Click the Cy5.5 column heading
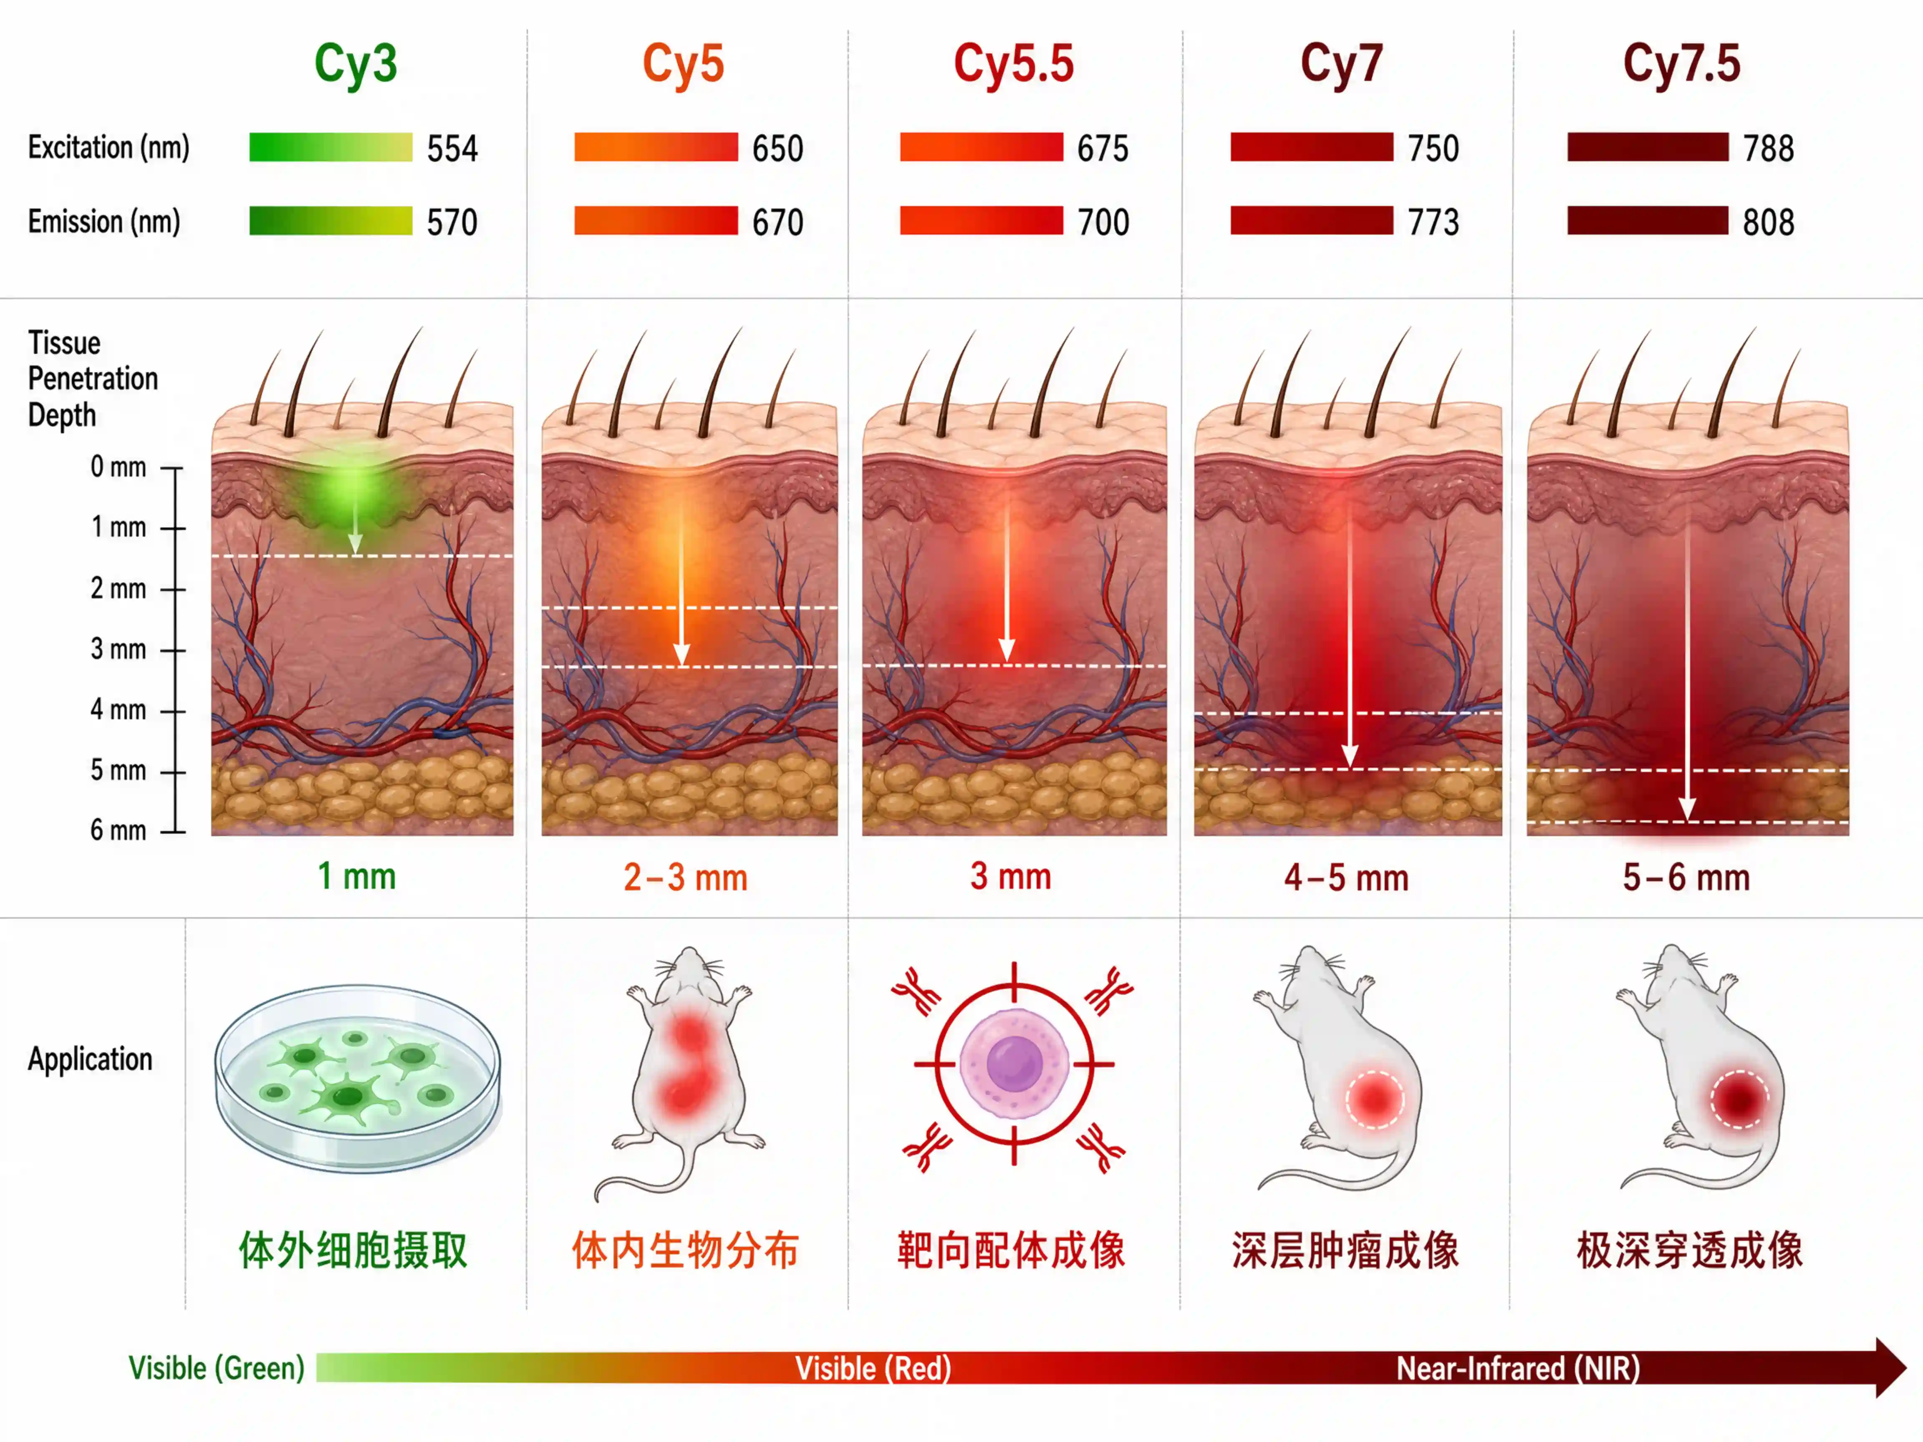point(1014,63)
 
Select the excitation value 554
point(452,149)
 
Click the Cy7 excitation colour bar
point(1312,147)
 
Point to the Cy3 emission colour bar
point(331,221)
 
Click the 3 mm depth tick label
point(118,649)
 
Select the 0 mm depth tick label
point(118,467)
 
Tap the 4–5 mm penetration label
point(1346,878)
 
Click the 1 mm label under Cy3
point(356,876)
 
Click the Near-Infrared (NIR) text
point(1518,1369)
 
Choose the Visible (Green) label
point(217,1368)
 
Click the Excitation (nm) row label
point(109,148)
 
